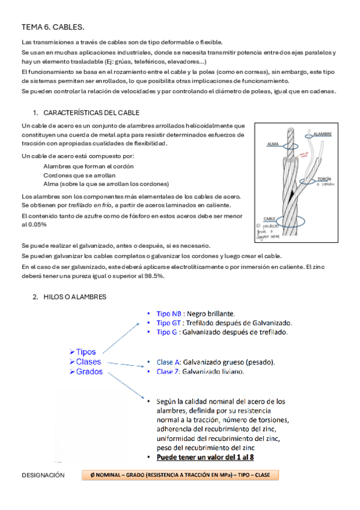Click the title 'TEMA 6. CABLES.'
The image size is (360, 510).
tap(53, 27)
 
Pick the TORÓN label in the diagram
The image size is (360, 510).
tap(325, 179)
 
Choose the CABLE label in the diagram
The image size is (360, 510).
tap(269, 219)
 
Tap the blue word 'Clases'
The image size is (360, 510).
tap(88, 361)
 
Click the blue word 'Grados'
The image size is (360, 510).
tap(89, 372)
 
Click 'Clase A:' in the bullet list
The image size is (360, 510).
tap(168, 362)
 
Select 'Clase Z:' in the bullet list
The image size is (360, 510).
tap(168, 372)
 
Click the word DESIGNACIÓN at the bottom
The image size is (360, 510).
tap(43, 476)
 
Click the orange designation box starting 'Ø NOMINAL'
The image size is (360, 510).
tap(180, 476)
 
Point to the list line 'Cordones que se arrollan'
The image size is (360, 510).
tap(80, 175)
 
